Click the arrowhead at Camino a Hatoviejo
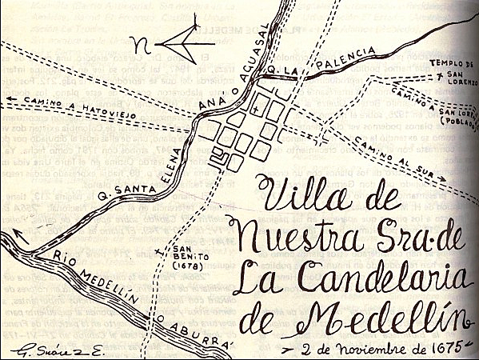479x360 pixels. [x=6, y=99]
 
